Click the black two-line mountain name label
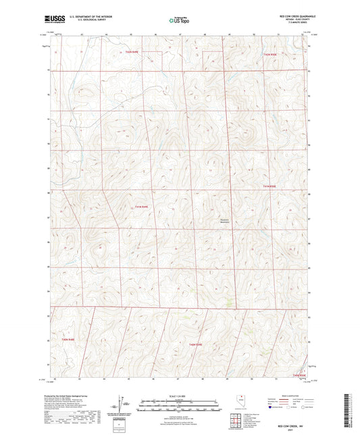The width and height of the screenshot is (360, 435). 226,219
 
